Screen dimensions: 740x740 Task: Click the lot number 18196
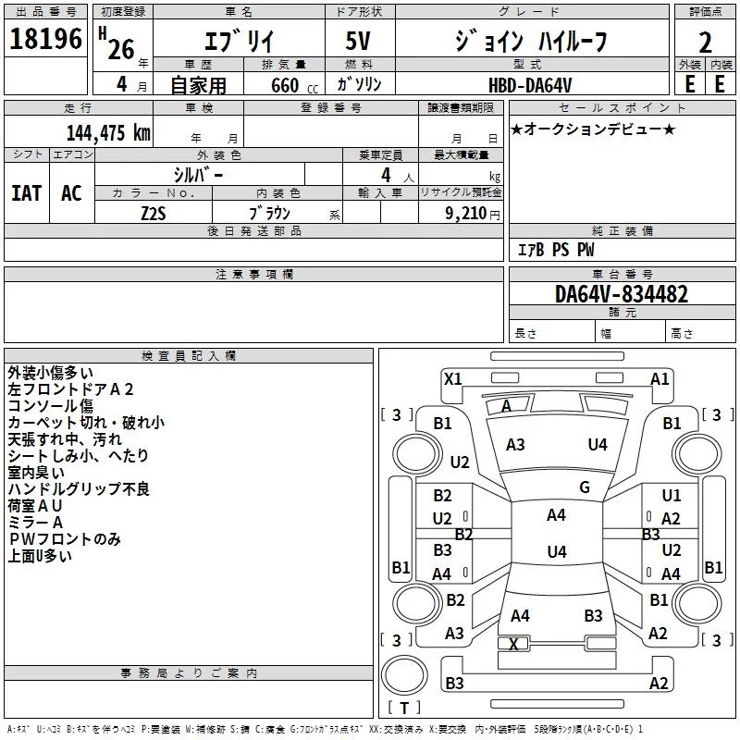(45, 39)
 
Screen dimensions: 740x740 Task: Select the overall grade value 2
(705, 43)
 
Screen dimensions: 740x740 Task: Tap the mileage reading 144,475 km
(108, 133)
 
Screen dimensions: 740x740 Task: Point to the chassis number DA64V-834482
(622, 294)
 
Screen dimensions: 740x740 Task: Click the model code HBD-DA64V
(530, 85)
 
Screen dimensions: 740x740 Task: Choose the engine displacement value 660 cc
(294, 85)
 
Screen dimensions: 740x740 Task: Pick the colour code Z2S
(154, 214)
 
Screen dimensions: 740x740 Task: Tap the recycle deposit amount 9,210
(466, 214)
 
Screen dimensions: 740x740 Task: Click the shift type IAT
(27, 193)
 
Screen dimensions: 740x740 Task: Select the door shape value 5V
(358, 41)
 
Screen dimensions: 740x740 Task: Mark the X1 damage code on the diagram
(453, 379)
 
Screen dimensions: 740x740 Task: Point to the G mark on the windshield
(585, 487)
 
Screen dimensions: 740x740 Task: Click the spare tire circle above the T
(404, 675)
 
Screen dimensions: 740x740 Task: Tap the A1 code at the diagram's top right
(660, 379)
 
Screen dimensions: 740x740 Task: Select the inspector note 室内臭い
(36, 472)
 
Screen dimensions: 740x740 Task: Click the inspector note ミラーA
(35, 522)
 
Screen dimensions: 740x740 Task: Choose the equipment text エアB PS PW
(556, 250)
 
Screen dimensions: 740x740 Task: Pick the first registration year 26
(121, 49)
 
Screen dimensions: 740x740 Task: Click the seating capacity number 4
(386, 175)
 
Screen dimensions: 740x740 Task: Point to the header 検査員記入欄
(189, 356)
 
